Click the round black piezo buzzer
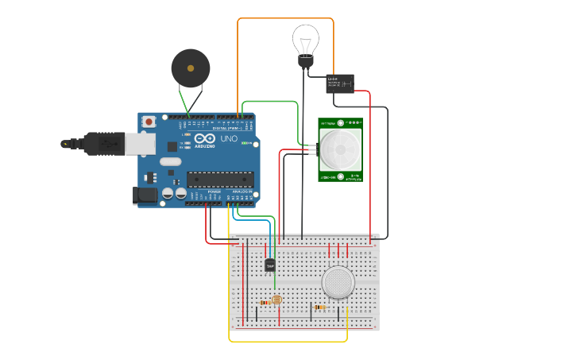[x=191, y=68]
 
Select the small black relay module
[x=340, y=83]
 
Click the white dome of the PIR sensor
[x=340, y=149]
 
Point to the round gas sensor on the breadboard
[x=338, y=281]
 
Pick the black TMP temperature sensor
[x=270, y=265]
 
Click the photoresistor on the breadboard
[x=276, y=300]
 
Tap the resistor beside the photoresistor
[x=265, y=302]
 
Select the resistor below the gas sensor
[x=319, y=307]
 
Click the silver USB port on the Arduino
[x=140, y=143]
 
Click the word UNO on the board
[x=229, y=139]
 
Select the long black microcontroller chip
[x=221, y=180]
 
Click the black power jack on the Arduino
[x=147, y=195]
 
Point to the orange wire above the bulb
[x=286, y=19]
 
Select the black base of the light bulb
[x=305, y=60]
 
